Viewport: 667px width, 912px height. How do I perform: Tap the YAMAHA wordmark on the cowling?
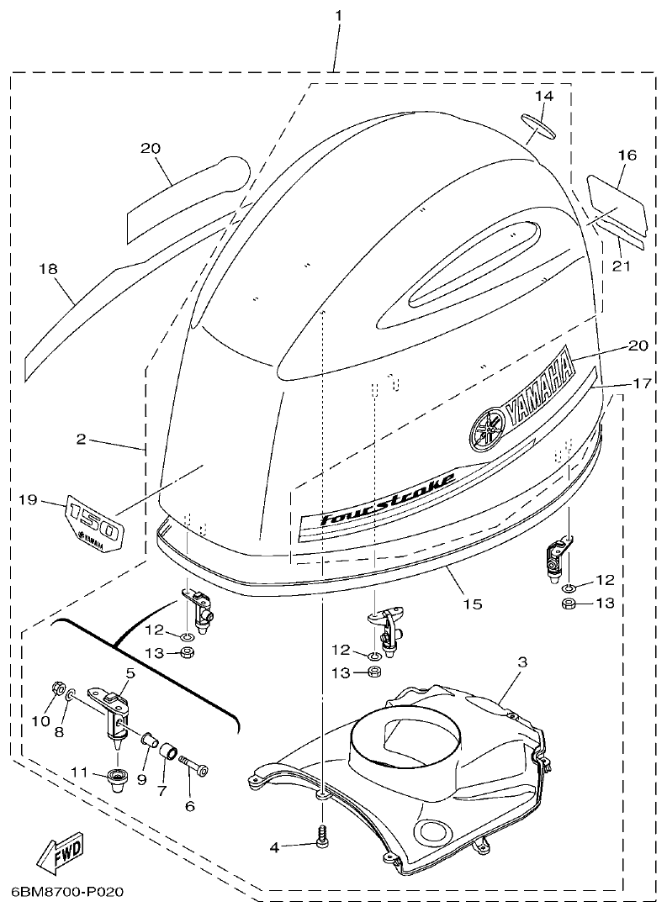pos(538,390)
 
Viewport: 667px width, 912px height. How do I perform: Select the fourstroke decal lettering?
pos(389,499)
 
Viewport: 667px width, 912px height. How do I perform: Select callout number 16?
pos(627,156)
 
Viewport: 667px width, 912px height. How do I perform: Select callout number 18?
pos(48,268)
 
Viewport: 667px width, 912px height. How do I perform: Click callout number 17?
pos(642,383)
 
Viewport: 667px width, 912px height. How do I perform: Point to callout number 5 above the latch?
pos(130,672)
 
